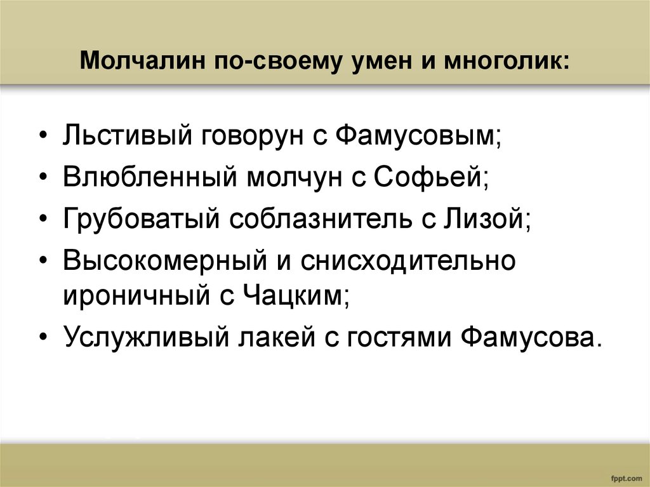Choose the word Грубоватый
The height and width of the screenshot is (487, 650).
(142, 220)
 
